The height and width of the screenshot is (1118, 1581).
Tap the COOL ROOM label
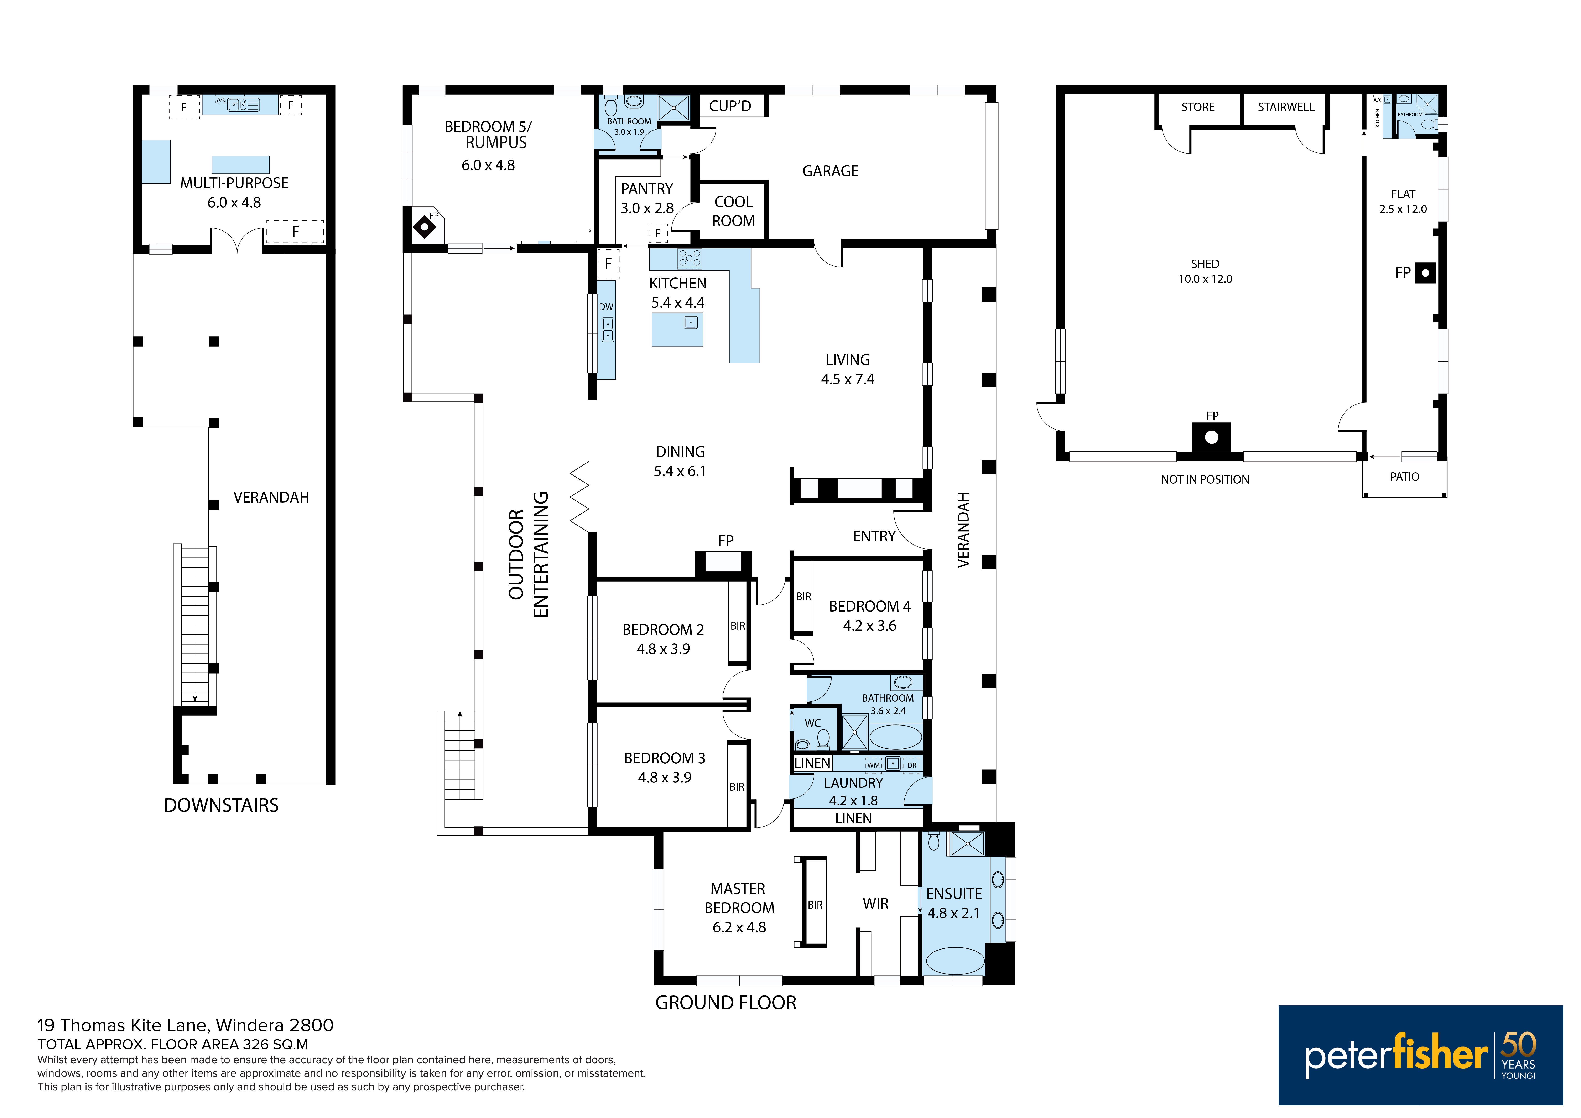click(x=733, y=211)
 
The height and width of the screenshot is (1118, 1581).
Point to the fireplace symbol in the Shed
click(x=1211, y=437)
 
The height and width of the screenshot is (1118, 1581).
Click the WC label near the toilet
click(x=812, y=723)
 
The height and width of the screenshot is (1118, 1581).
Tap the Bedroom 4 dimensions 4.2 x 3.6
click(x=870, y=626)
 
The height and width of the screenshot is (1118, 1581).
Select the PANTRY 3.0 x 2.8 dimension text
click(x=647, y=208)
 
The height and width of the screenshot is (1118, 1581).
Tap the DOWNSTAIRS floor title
click(x=221, y=805)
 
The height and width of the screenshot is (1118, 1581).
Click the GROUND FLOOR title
click(x=726, y=1003)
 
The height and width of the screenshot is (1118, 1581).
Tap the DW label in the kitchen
click(x=606, y=307)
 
